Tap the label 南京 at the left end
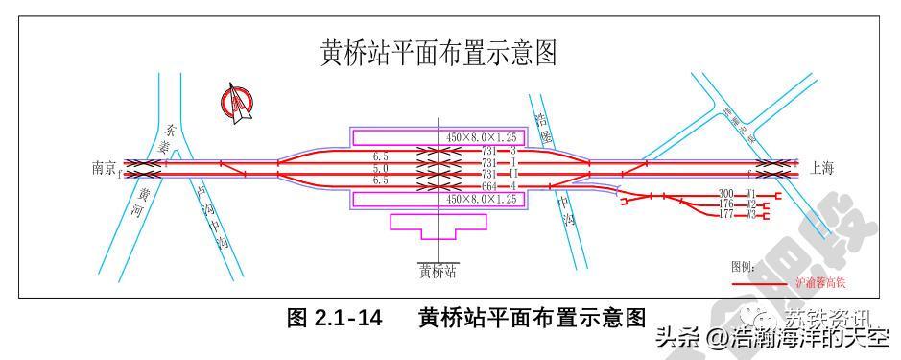tap(104, 168)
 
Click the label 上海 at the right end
tap(822, 168)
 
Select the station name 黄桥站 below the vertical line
tap(438, 272)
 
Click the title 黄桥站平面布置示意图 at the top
tap(439, 53)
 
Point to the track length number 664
tap(489, 185)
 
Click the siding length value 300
tap(726, 194)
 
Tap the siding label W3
tap(751, 215)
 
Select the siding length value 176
tap(726, 204)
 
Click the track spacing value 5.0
tap(380, 168)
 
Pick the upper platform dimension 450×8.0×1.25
tap(482, 138)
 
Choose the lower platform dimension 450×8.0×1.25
tap(482, 199)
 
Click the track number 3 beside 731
tap(513, 152)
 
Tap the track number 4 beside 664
tap(513, 185)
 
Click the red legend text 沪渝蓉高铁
tap(821, 283)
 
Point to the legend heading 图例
tap(744, 266)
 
